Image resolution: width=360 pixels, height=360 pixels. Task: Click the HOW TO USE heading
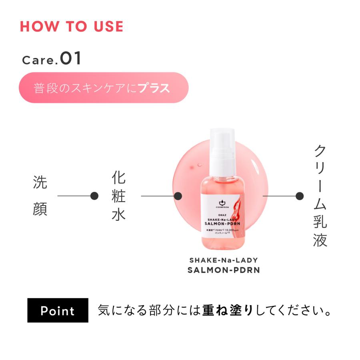pyautogui.click(x=72, y=26)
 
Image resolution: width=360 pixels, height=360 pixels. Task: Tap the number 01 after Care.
pyautogui.click(x=71, y=58)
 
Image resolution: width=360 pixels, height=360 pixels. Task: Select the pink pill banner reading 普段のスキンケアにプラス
pyautogui.click(x=104, y=88)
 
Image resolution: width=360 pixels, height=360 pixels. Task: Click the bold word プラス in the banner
pyautogui.click(x=154, y=88)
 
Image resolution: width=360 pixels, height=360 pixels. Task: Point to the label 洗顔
pyautogui.click(x=40, y=196)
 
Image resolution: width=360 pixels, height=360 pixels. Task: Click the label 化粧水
pyautogui.click(x=119, y=196)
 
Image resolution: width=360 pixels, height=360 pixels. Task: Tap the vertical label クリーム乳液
pyautogui.click(x=320, y=196)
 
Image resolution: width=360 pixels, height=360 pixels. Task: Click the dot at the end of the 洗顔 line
pyautogui.click(x=94, y=196)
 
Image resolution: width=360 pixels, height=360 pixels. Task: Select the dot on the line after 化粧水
pyautogui.click(x=178, y=196)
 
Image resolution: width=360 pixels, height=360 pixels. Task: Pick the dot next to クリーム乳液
pyautogui.click(x=299, y=196)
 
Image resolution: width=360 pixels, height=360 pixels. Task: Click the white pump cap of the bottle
pyautogui.click(x=222, y=150)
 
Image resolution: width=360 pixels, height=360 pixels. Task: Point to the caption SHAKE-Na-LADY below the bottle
pyautogui.click(x=224, y=260)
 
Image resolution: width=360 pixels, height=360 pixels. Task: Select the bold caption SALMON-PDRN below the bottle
pyautogui.click(x=224, y=270)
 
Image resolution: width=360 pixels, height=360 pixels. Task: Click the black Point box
pyautogui.click(x=58, y=310)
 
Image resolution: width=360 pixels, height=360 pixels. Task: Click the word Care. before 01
pyautogui.click(x=38, y=60)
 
